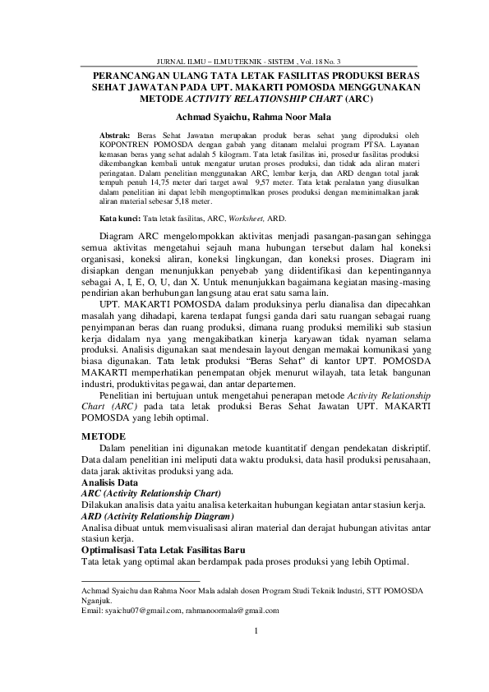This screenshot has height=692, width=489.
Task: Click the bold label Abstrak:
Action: pyautogui.click(x=114, y=134)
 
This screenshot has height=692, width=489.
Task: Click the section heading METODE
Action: pyautogui.click(x=104, y=435)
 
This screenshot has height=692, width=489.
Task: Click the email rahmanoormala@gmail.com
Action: pyautogui.click(x=233, y=611)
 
